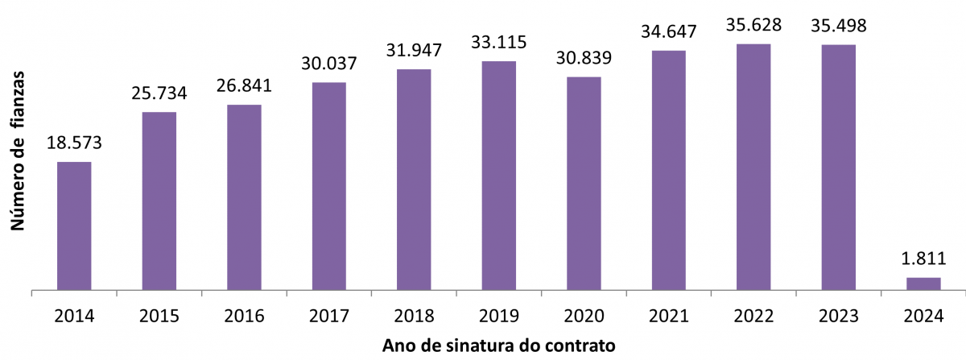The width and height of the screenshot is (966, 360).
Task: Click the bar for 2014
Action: click(x=73, y=226)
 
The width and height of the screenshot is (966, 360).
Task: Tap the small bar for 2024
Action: click(x=923, y=283)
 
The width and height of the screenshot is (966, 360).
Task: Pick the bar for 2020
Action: click(x=584, y=184)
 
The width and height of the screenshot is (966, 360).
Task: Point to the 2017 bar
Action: click(x=328, y=186)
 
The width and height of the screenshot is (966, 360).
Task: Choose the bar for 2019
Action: click(x=498, y=176)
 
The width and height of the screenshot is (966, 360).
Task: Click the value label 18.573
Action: click(x=73, y=145)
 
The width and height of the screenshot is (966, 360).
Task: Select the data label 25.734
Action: click(x=159, y=93)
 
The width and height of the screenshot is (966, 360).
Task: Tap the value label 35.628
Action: click(x=753, y=26)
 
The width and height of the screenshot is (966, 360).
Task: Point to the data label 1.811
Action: click(x=923, y=259)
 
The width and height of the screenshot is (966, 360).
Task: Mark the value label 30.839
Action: click(x=584, y=59)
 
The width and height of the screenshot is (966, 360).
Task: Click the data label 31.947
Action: click(x=414, y=52)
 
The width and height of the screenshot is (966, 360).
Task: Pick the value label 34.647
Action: click(x=668, y=33)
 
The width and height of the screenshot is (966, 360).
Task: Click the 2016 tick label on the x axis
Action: click(x=244, y=316)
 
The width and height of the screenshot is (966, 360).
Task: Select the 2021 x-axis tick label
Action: click(x=668, y=316)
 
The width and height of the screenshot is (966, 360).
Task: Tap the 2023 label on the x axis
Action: click(x=838, y=316)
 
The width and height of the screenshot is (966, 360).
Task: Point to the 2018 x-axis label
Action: click(x=414, y=316)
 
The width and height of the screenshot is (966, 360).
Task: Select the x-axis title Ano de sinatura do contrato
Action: click(x=499, y=346)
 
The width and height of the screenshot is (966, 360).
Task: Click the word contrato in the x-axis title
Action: click(x=584, y=346)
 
